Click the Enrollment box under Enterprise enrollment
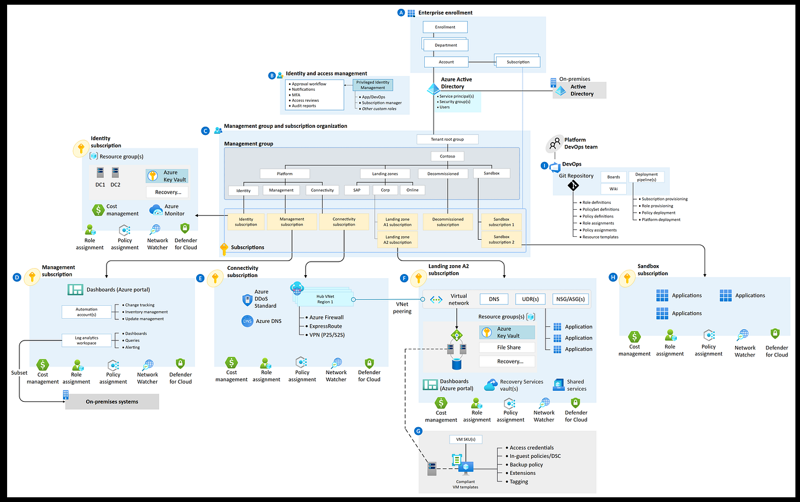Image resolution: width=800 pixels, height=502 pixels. [x=445, y=27]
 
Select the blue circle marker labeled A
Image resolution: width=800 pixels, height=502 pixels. [x=401, y=12]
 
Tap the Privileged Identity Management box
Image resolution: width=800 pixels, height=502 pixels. [x=372, y=85]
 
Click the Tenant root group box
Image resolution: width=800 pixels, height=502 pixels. [x=447, y=140]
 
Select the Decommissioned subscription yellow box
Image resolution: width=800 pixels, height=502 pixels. [x=448, y=222]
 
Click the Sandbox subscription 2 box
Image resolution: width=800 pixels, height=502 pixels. [x=501, y=239]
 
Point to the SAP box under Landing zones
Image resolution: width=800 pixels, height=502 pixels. [x=356, y=190]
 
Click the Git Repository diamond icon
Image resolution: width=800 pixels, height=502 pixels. [x=573, y=186]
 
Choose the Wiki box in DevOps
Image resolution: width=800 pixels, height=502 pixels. [x=613, y=189]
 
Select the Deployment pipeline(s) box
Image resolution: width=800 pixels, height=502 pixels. [x=646, y=177]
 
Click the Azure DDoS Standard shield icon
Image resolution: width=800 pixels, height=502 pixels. [x=247, y=300]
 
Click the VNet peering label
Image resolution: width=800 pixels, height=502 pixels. [x=402, y=308]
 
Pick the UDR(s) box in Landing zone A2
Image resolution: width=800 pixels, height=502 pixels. [x=530, y=299]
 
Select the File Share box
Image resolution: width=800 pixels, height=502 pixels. [x=507, y=348]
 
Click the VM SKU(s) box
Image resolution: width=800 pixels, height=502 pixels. [x=465, y=440]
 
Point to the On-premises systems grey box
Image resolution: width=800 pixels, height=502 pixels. [x=112, y=402]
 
